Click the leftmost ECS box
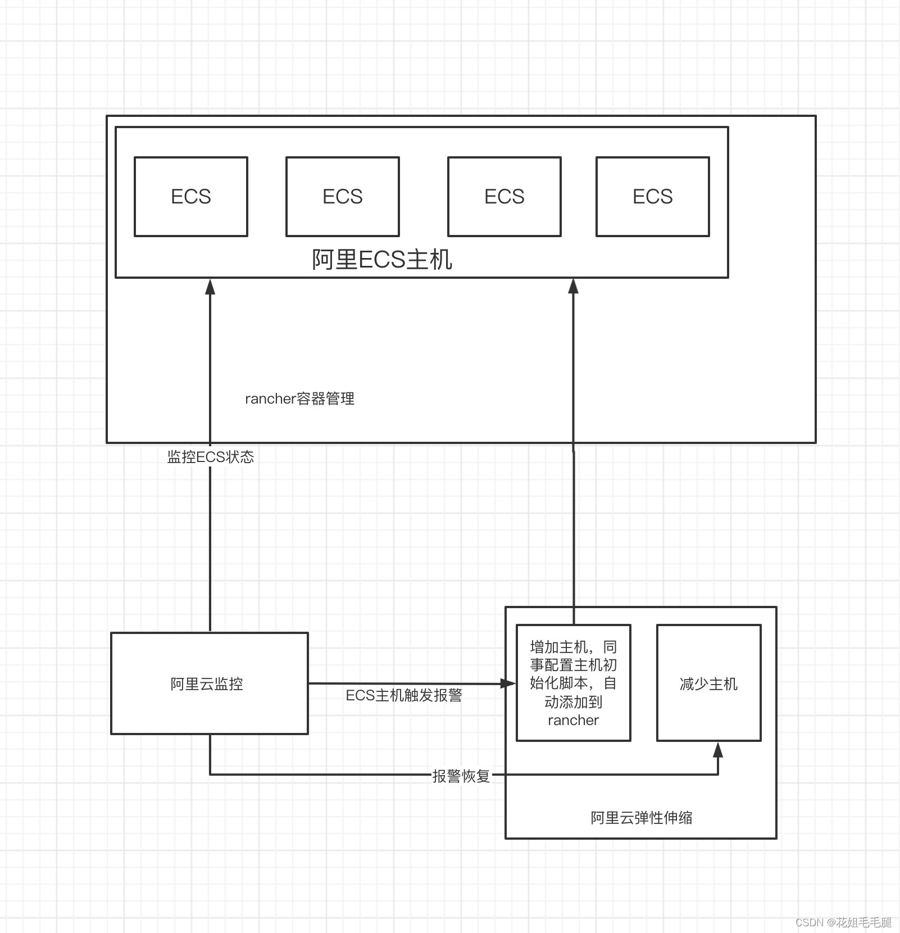point(190,196)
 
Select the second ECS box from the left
point(342,196)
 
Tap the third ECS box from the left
point(504,196)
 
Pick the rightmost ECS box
point(652,196)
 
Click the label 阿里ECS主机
point(382,260)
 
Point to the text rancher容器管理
point(299,398)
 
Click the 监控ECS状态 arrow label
point(211,456)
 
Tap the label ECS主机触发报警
point(403,695)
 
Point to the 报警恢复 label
point(461,776)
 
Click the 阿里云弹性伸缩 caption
point(641,817)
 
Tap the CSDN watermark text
point(843,922)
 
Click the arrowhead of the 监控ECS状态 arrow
point(210,286)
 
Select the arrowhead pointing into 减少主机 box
point(717,750)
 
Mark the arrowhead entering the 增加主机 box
point(508,683)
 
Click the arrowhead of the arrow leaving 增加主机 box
point(573,286)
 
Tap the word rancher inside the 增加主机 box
point(573,720)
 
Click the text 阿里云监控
point(207,683)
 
